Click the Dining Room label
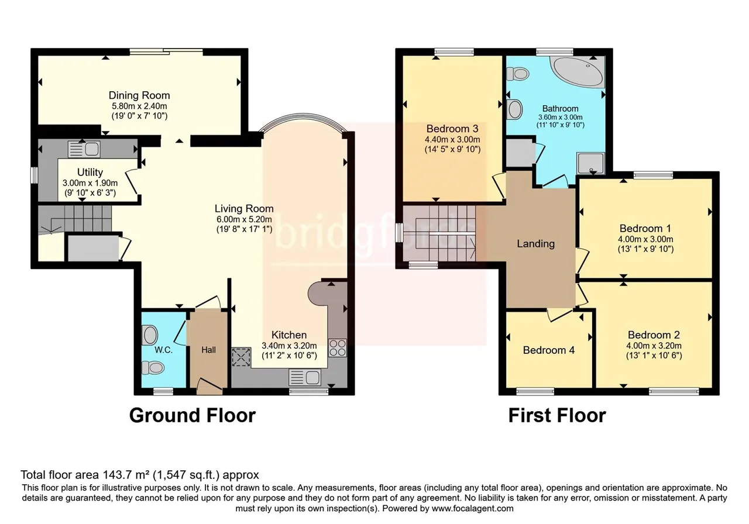tap(139, 95)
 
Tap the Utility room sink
tap(84, 149)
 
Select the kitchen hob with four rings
tap(338, 348)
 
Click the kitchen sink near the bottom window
tap(305, 378)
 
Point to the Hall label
tap(208, 350)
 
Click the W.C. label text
tap(163, 350)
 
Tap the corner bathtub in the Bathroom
tap(579, 72)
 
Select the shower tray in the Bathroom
tap(590, 163)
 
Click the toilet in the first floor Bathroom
tap(517, 74)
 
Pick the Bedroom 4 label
tap(549, 350)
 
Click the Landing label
tap(535, 244)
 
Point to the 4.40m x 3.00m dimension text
tap(452, 140)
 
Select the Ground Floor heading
tap(193, 415)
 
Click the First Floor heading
tap(557, 415)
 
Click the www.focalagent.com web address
tap(472, 509)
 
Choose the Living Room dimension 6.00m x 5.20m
tap(244, 219)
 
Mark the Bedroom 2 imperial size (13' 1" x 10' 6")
tap(654, 356)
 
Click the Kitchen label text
tap(289, 335)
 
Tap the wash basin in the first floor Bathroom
tap(515, 109)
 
